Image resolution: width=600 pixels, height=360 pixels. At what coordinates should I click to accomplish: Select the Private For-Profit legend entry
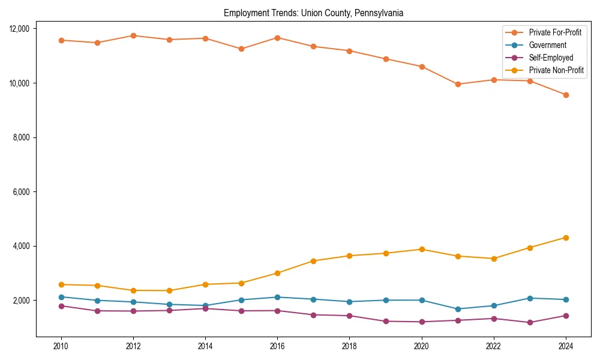pyautogui.click(x=551, y=32)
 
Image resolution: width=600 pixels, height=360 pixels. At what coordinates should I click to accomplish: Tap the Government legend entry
pyautogui.click(x=547, y=45)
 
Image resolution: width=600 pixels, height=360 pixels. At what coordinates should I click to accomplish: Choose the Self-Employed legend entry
pyautogui.click(x=551, y=58)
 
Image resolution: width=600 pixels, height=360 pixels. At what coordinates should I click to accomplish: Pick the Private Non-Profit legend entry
pyautogui.click(x=556, y=71)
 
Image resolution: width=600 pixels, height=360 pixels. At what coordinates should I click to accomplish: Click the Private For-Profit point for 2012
pyautogui.click(x=133, y=35)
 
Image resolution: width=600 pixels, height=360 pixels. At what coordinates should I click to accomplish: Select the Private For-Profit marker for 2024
pyautogui.click(x=566, y=95)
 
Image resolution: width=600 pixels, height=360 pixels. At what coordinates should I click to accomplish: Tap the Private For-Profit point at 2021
pyautogui.click(x=458, y=84)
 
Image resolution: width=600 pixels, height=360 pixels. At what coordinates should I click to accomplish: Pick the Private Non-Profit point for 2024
pyautogui.click(x=566, y=238)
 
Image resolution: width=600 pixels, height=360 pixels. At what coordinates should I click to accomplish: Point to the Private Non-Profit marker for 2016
pyautogui.click(x=277, y=273)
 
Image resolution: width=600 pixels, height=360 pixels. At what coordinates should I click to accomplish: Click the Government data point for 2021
pyautogui.click(x=458, y=309)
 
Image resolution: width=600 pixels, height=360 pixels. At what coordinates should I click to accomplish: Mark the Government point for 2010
pyautogui.click(x=61, y=297)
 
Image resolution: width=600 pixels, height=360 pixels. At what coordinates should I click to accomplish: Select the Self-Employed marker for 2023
pyautogui.click(x=530, y=322)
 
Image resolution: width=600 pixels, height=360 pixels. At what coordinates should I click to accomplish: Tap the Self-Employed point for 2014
pyautogui.click(x=205, y=308)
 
